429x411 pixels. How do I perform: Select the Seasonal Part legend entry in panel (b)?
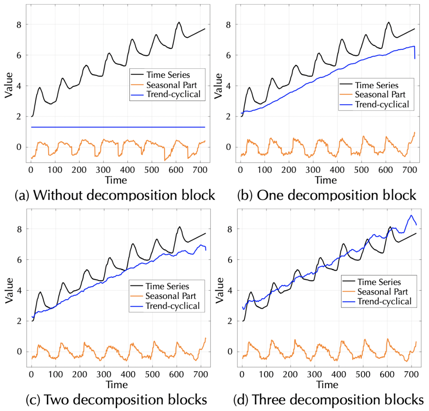coord(375,95)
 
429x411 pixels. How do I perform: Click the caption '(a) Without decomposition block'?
coord(115,195)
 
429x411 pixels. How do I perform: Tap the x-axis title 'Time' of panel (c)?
coord(117,385)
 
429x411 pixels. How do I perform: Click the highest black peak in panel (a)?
coord(179,23)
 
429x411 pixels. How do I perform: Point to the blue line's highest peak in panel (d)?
coord(411,215)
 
